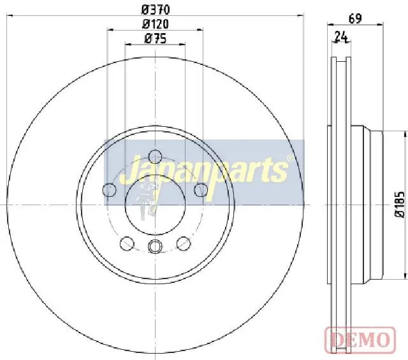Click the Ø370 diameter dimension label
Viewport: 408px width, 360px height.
(156, 10)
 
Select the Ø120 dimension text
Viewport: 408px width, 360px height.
(156, 24)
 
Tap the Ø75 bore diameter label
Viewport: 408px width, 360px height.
(156, 39)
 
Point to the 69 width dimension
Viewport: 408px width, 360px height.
(355, 18)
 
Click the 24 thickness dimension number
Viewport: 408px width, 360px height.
(341, 37)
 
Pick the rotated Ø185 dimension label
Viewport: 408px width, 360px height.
(400, 205)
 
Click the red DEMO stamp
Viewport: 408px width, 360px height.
(360, 340)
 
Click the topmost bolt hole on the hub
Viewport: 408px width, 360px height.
(155, 157)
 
